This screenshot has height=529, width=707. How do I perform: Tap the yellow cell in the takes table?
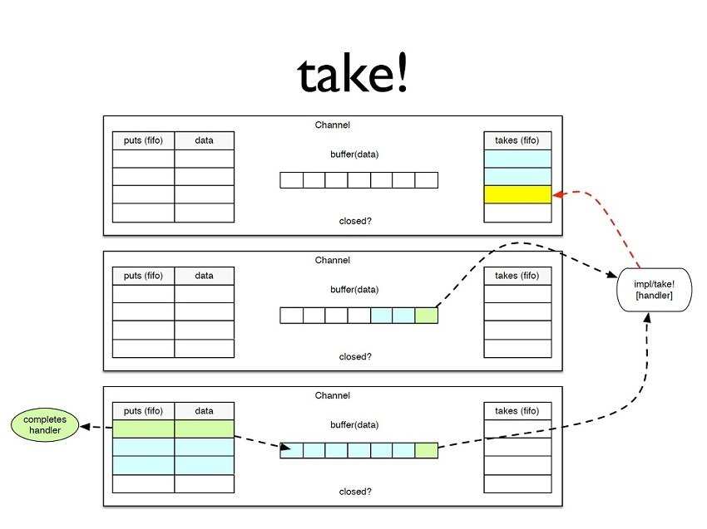pyautogui.click(x=517, y=195)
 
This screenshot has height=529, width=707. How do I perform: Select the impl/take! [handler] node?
pyautogui.click(x=653, y=289)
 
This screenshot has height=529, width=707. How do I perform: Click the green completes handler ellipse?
pyautogui.click(x=45, y=425)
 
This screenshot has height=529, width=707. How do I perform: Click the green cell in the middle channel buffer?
pyautogui.click(x=426, y=316)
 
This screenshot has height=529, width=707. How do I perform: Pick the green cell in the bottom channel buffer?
pyautogui.click(x=426, y=451)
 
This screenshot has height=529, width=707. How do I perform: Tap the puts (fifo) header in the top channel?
pyautogui.click(x=143, y=140)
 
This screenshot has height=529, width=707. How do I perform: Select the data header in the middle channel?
pyautogui.click(x=204, y=276)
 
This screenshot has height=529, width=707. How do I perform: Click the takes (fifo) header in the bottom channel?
pyautogui.click(x=517, y=411)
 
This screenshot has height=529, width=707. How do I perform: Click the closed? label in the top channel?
pyautogui.click(x=355, y=221)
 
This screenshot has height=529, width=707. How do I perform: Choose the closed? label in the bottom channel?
pyautogui.click(x=355, y=492)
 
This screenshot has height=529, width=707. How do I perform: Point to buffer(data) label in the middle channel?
pyautogui.click(x=354, y=290)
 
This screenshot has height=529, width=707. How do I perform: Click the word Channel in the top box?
pyautogui.click(x=333, y=125)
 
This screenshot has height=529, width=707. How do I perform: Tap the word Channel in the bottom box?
pyautogui.click(x=333, y=396)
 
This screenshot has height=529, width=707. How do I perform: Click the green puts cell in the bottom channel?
pyautogui.click(x=143, y=429)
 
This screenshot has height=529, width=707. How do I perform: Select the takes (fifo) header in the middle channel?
pyautogui.click(x=517, y=276)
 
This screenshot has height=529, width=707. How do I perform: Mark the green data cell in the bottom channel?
pyautogui.click(x=204, y=429)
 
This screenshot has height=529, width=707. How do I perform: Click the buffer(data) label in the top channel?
pyautogui.click(x=354, y=154)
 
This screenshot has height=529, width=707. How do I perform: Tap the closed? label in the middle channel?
pyautogui.click(x=355, y=356)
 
